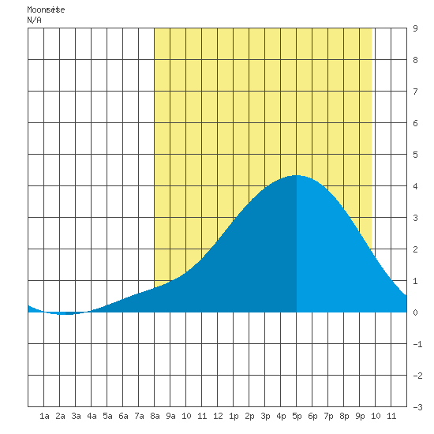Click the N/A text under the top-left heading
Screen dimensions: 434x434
tap(34, 20)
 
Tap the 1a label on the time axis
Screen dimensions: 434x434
tap(44, 416)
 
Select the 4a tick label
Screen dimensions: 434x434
tap(92, 416)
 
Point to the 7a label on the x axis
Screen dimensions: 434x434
tap(139, 416)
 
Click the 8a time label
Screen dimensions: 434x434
tap(155, 416)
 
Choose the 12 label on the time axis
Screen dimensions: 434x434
tap(218, 416)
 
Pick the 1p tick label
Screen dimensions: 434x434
tap(234, 416)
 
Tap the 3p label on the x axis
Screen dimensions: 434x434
tap(265, 416)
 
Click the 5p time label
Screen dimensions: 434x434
tap(297, 416)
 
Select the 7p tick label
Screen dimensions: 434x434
tap(328, 416)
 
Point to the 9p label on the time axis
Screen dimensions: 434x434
tap(360, 416)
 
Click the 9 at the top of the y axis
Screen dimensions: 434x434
tap(415, 28)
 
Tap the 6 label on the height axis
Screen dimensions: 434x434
tap(415, 123)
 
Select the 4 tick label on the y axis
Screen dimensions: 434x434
tap(415, 186)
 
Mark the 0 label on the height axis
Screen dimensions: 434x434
tap(415, 312)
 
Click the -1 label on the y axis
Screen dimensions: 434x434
tap(417, 344)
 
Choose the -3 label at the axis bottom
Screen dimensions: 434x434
tap(417, 407)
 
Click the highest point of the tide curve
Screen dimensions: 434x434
tap(296, 175)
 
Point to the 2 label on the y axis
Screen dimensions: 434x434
tap(415, 249)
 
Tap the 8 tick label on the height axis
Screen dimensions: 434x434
tap(415, 60)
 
